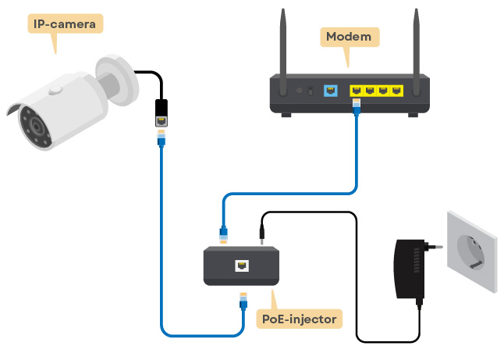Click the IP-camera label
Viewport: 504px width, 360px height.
66,24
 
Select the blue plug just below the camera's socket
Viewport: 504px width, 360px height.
161,139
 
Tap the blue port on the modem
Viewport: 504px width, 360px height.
330,91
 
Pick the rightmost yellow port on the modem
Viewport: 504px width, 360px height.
397,91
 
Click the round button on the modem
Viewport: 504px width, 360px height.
300,91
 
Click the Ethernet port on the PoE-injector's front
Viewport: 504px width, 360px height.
241,266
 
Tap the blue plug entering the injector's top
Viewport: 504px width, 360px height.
223,232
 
